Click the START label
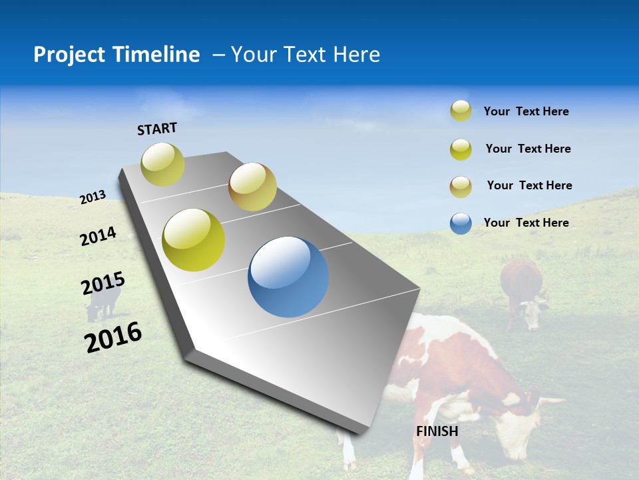tap(157, 129)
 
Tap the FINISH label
tap(437, 431)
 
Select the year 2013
tap(93, 197)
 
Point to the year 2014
tap(98, 236)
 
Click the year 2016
tap(113, 337)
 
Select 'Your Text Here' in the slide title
tap(305, 55)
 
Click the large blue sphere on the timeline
tap(288, 277)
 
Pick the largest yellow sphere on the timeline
tap(194, 240)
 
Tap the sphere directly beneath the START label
tap(162, 164)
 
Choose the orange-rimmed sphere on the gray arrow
tap(252, 187)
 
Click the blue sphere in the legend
tap(461, 223)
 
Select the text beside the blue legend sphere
tap(526, 223)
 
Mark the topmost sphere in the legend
tap(461, 111)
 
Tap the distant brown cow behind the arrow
tap(523, 293)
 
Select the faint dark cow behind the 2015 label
tap(102, 303)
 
